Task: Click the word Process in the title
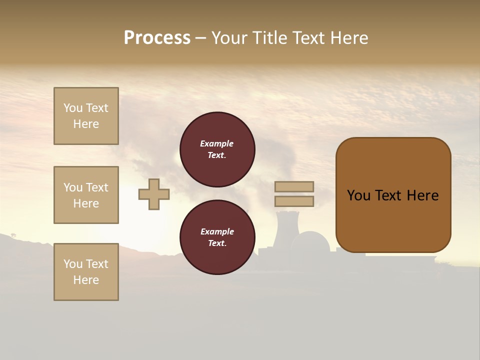click(x=157, y=38)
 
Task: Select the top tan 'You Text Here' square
click(x=86, y=116)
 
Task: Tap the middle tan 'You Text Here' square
click(x=86, y=195)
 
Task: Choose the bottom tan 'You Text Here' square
click(x=86, y=272)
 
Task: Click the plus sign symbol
click(x=154, y=194)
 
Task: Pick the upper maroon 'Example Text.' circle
click(x=217, y=149)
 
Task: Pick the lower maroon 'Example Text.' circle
click(x=217, y=237)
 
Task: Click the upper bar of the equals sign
click(x=294, y=186)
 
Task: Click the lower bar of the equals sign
click(x=294, y=201)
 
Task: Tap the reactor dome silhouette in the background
click(x=310, y=242)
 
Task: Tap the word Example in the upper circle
click(x=217, y=143)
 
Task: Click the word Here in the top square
click(x=86, y=124)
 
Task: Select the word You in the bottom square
click(x=73, y=264)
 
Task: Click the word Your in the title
click(x=229, y=38)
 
